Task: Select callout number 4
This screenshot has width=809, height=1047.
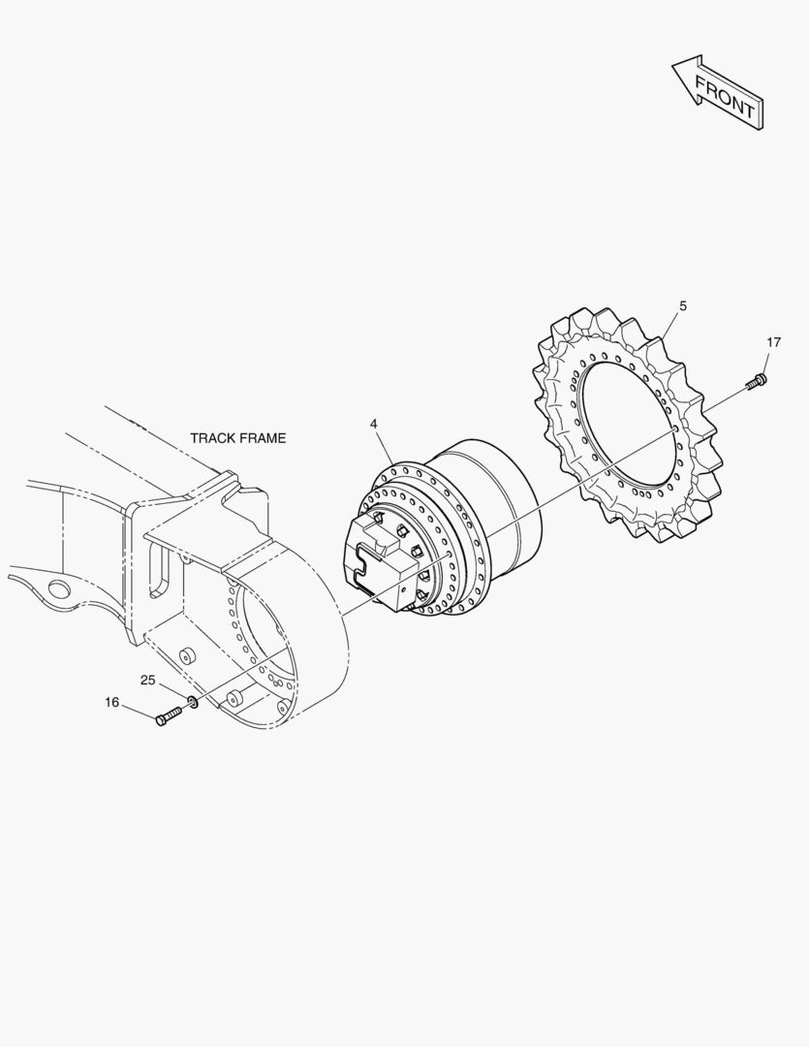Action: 374,424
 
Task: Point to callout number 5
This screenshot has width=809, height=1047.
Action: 683,305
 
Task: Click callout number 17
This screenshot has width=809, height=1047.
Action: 773,342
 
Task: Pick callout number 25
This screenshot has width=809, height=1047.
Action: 147,681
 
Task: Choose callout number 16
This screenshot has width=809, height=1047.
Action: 111,703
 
